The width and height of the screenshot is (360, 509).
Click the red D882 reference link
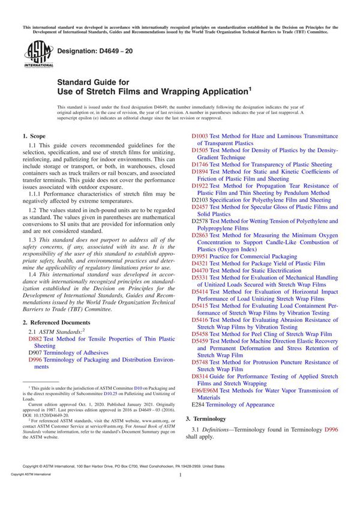pyautogui.click(x=37, y=339)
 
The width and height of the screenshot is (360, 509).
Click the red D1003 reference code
pyautogui.click(x=200, y=136)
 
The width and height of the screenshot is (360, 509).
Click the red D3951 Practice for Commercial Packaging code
pyautogui.click(x=200, y=256)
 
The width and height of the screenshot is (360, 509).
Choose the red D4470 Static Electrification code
pyautogui.click(x=200, y=270)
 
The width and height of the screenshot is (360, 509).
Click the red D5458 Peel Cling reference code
pyautogui.click(x=200, y=334)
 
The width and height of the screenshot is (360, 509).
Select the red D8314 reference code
pyautogui.click(x=200, y=376)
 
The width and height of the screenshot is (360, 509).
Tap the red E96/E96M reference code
pyautogui.click(x=205, y=390)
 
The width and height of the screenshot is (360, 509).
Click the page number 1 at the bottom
pyautogui.click(x=180, y=492)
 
